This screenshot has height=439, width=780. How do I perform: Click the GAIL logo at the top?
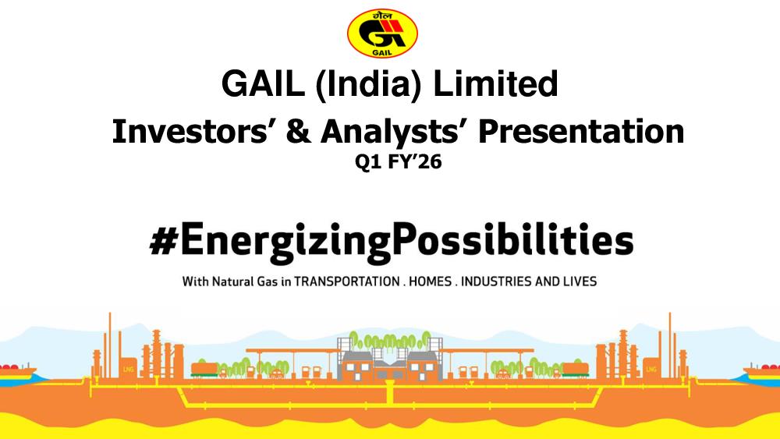click(382, 33)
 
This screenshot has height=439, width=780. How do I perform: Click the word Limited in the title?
click(495, 83)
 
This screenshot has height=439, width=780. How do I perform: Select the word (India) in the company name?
click(368, 84)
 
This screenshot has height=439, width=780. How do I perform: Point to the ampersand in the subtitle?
click(299, 132)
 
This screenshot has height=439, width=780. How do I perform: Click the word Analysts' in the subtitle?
click(396, 133)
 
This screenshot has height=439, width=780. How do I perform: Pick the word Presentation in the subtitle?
click(581, 132)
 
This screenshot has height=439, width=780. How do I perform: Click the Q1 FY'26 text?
click(398, 162)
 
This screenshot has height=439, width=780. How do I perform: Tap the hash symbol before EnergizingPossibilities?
click(164, 239)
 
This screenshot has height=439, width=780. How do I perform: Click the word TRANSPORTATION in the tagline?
click(347, 281)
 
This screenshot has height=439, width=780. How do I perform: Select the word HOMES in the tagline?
click(431, 281)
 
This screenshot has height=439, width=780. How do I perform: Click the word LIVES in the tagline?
click(580, 281)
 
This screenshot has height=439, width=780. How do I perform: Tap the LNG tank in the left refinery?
click(129, 368)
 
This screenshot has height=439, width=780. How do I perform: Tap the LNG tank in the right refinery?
click(651, 368)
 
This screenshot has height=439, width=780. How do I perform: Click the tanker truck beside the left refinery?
click(204, 370)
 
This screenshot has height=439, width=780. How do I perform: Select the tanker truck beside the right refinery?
click(575, 370)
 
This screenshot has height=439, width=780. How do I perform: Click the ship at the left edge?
click(17, 372)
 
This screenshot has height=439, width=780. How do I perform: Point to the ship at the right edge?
click(762, 372)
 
